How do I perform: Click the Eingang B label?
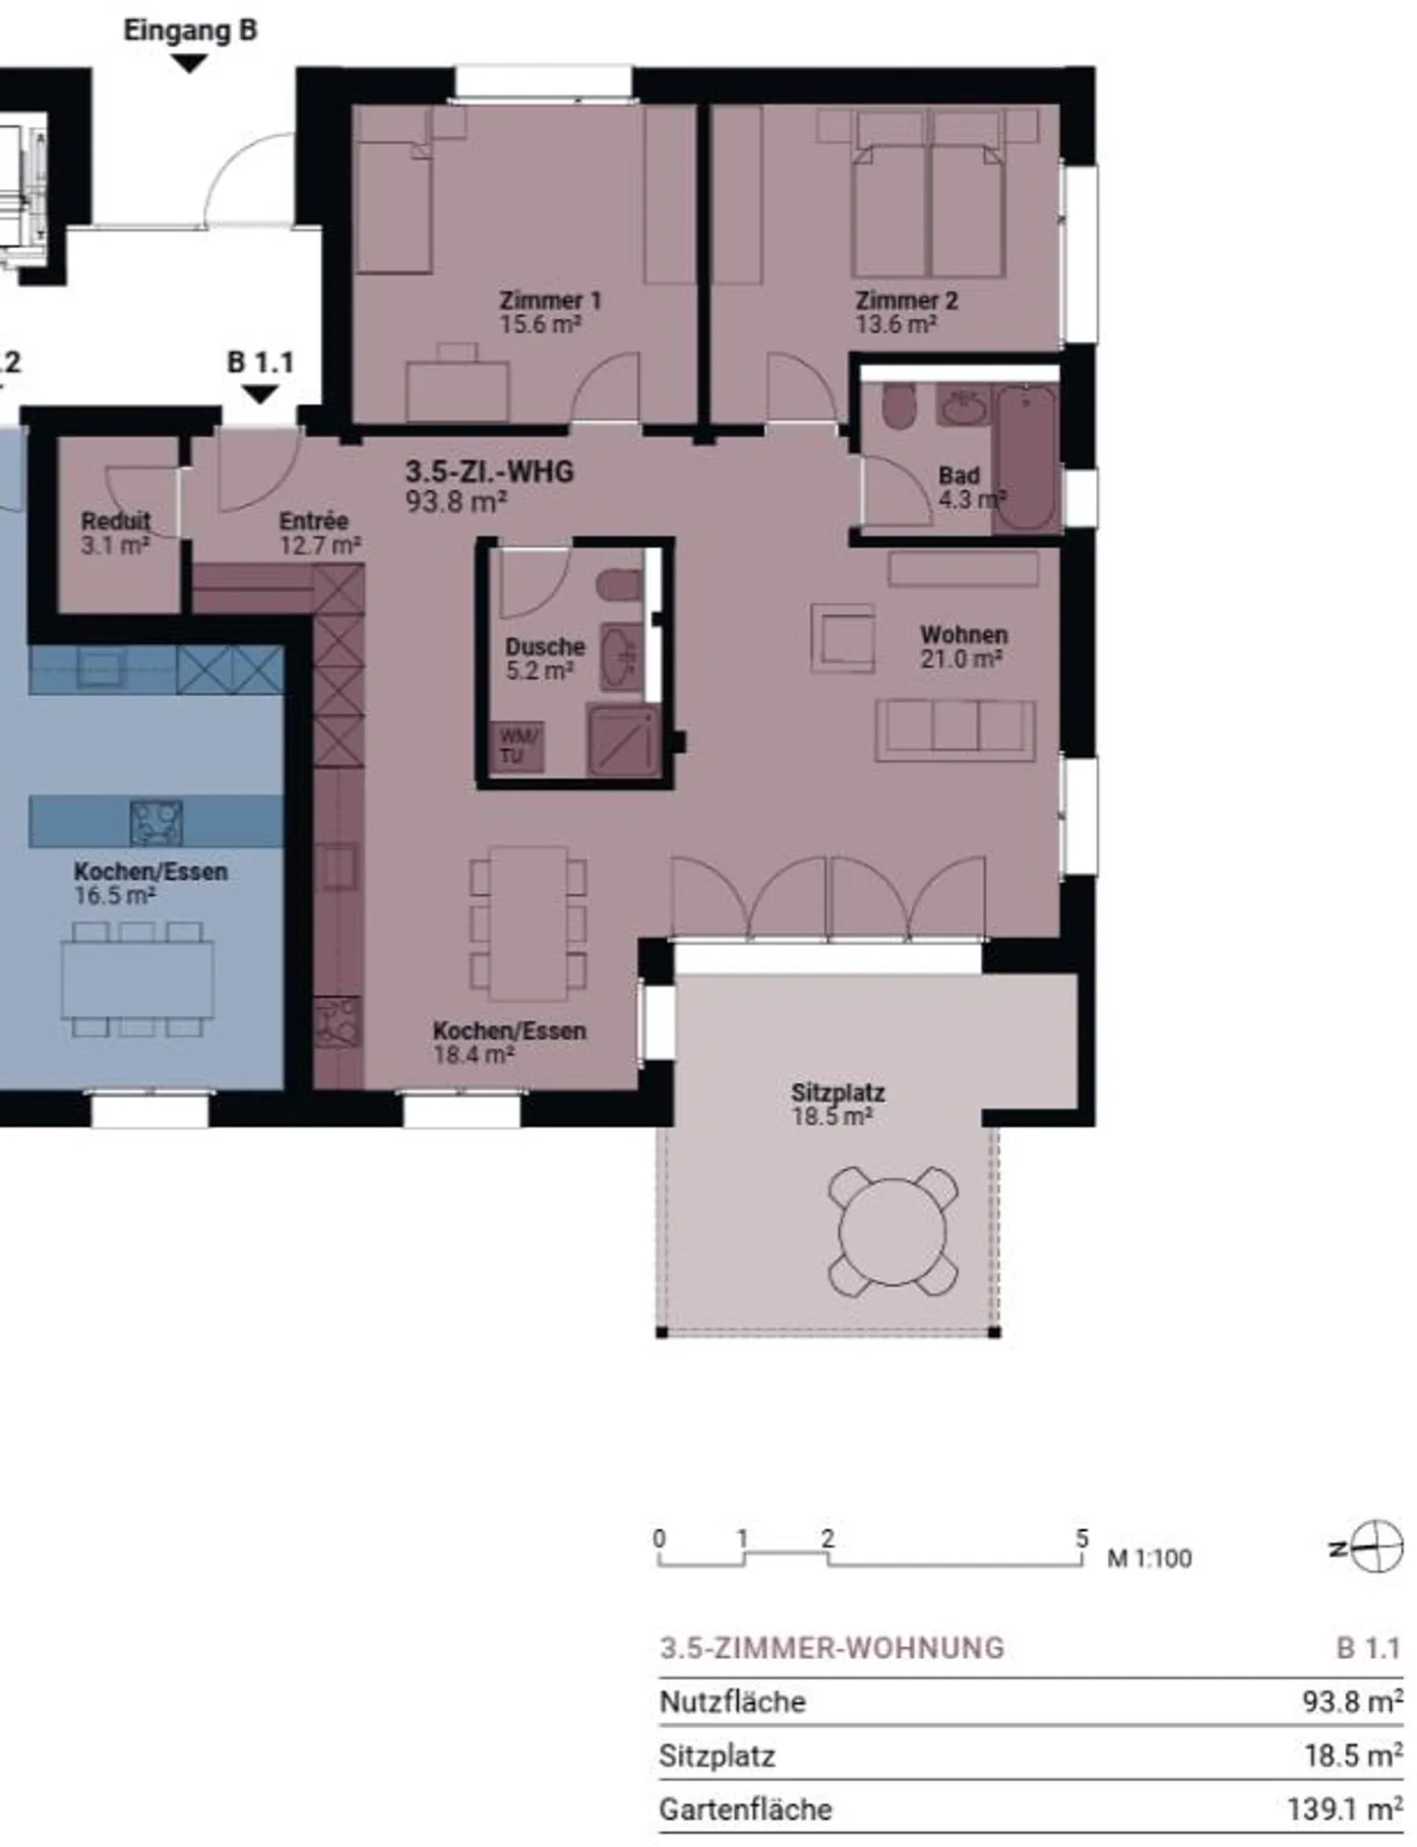(190, 31)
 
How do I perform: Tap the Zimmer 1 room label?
(550, 312)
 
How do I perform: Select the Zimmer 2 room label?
(906, 312)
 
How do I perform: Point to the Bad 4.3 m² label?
(971, 487)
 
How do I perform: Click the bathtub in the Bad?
(1026, 457)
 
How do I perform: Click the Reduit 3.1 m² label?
(116, 533)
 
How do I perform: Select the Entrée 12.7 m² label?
(320, 533)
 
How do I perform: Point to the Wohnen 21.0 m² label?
(963, 647)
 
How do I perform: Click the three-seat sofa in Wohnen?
(955, 731)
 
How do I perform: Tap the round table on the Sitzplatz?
(893, 1232)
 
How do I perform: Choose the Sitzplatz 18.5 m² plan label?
(837, 1105)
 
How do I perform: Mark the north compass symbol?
(1368, 1548)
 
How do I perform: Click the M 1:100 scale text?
(1149, 1559)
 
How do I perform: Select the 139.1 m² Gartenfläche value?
(1344, 1809)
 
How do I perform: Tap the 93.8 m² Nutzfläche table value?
(1352, 1701)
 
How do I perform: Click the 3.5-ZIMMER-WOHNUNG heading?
(832, 1648)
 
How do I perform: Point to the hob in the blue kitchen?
(156, 822)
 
